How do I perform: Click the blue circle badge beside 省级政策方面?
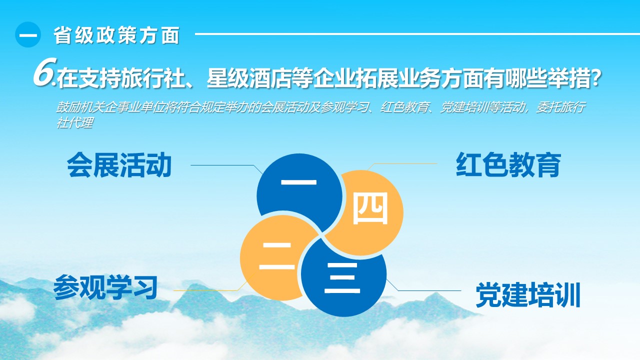28,34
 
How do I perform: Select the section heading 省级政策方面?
116,35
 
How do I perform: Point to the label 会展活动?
119,165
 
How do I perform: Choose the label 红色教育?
508,165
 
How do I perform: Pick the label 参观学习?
105,287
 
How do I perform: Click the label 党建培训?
527,294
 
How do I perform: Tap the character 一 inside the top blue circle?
299,182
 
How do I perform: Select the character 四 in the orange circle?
370,208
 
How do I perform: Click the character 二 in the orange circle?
277,256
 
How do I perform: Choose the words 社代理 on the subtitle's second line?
74,123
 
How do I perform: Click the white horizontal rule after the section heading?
417,34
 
